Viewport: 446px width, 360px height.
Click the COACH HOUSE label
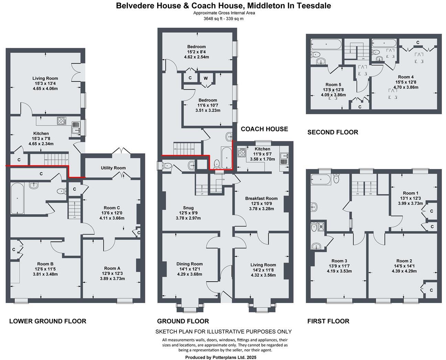[x=264, y=129]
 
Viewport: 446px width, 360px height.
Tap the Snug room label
[x=188, y=208]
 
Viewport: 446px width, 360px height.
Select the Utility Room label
[x=113, y=168]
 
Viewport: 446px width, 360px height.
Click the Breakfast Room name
[x=261, y=198]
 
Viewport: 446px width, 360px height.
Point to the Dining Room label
[x=189, y=264]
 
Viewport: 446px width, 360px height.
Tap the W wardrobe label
[x=206, y=78]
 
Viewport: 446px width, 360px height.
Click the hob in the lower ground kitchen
[x=62, y=121]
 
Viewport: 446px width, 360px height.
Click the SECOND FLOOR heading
[x=333, y=132]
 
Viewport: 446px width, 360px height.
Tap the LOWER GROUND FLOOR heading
[x=47, y=321]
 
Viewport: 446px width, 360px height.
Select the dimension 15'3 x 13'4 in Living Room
[x=45, y=83]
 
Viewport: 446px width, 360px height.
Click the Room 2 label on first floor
[x=404, y=261]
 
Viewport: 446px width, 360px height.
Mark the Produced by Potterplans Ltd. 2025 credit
[x=221, y=357]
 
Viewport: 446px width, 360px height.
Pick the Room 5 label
[x=333, y=85]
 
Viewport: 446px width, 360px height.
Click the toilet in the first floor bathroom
[x=336, y=178]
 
